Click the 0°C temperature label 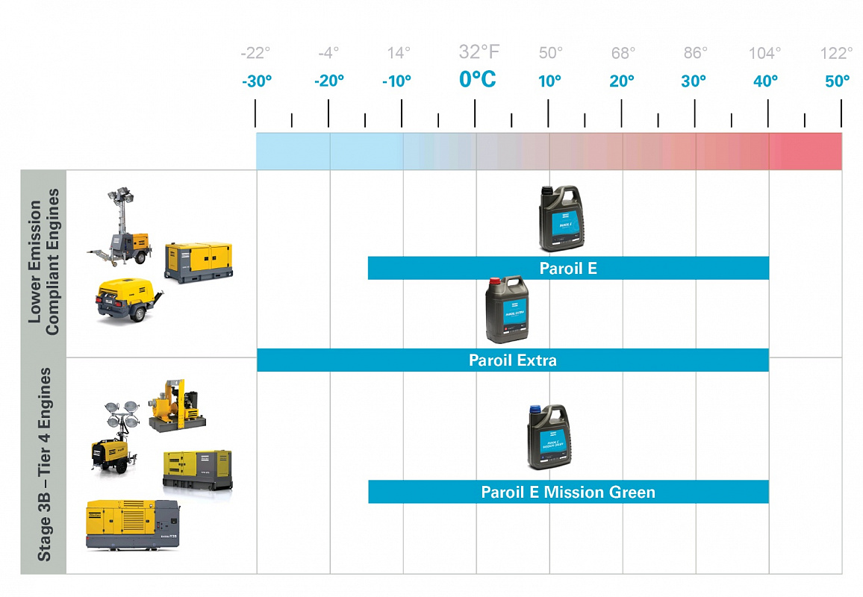point(477,79)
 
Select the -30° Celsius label point(257,81)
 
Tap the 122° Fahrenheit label point(836,53)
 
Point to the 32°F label point(479,51)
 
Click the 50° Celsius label point(837,81)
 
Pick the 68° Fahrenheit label point(623,53)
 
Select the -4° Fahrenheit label point(328,53)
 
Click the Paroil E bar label point(568,268)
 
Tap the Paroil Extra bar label point(512,360)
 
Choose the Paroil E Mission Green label point(568,492)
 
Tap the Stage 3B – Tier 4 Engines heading point(44,463)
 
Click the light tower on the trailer point(119,228)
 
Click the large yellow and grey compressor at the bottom point(133,523)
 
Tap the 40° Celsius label point(765,81)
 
